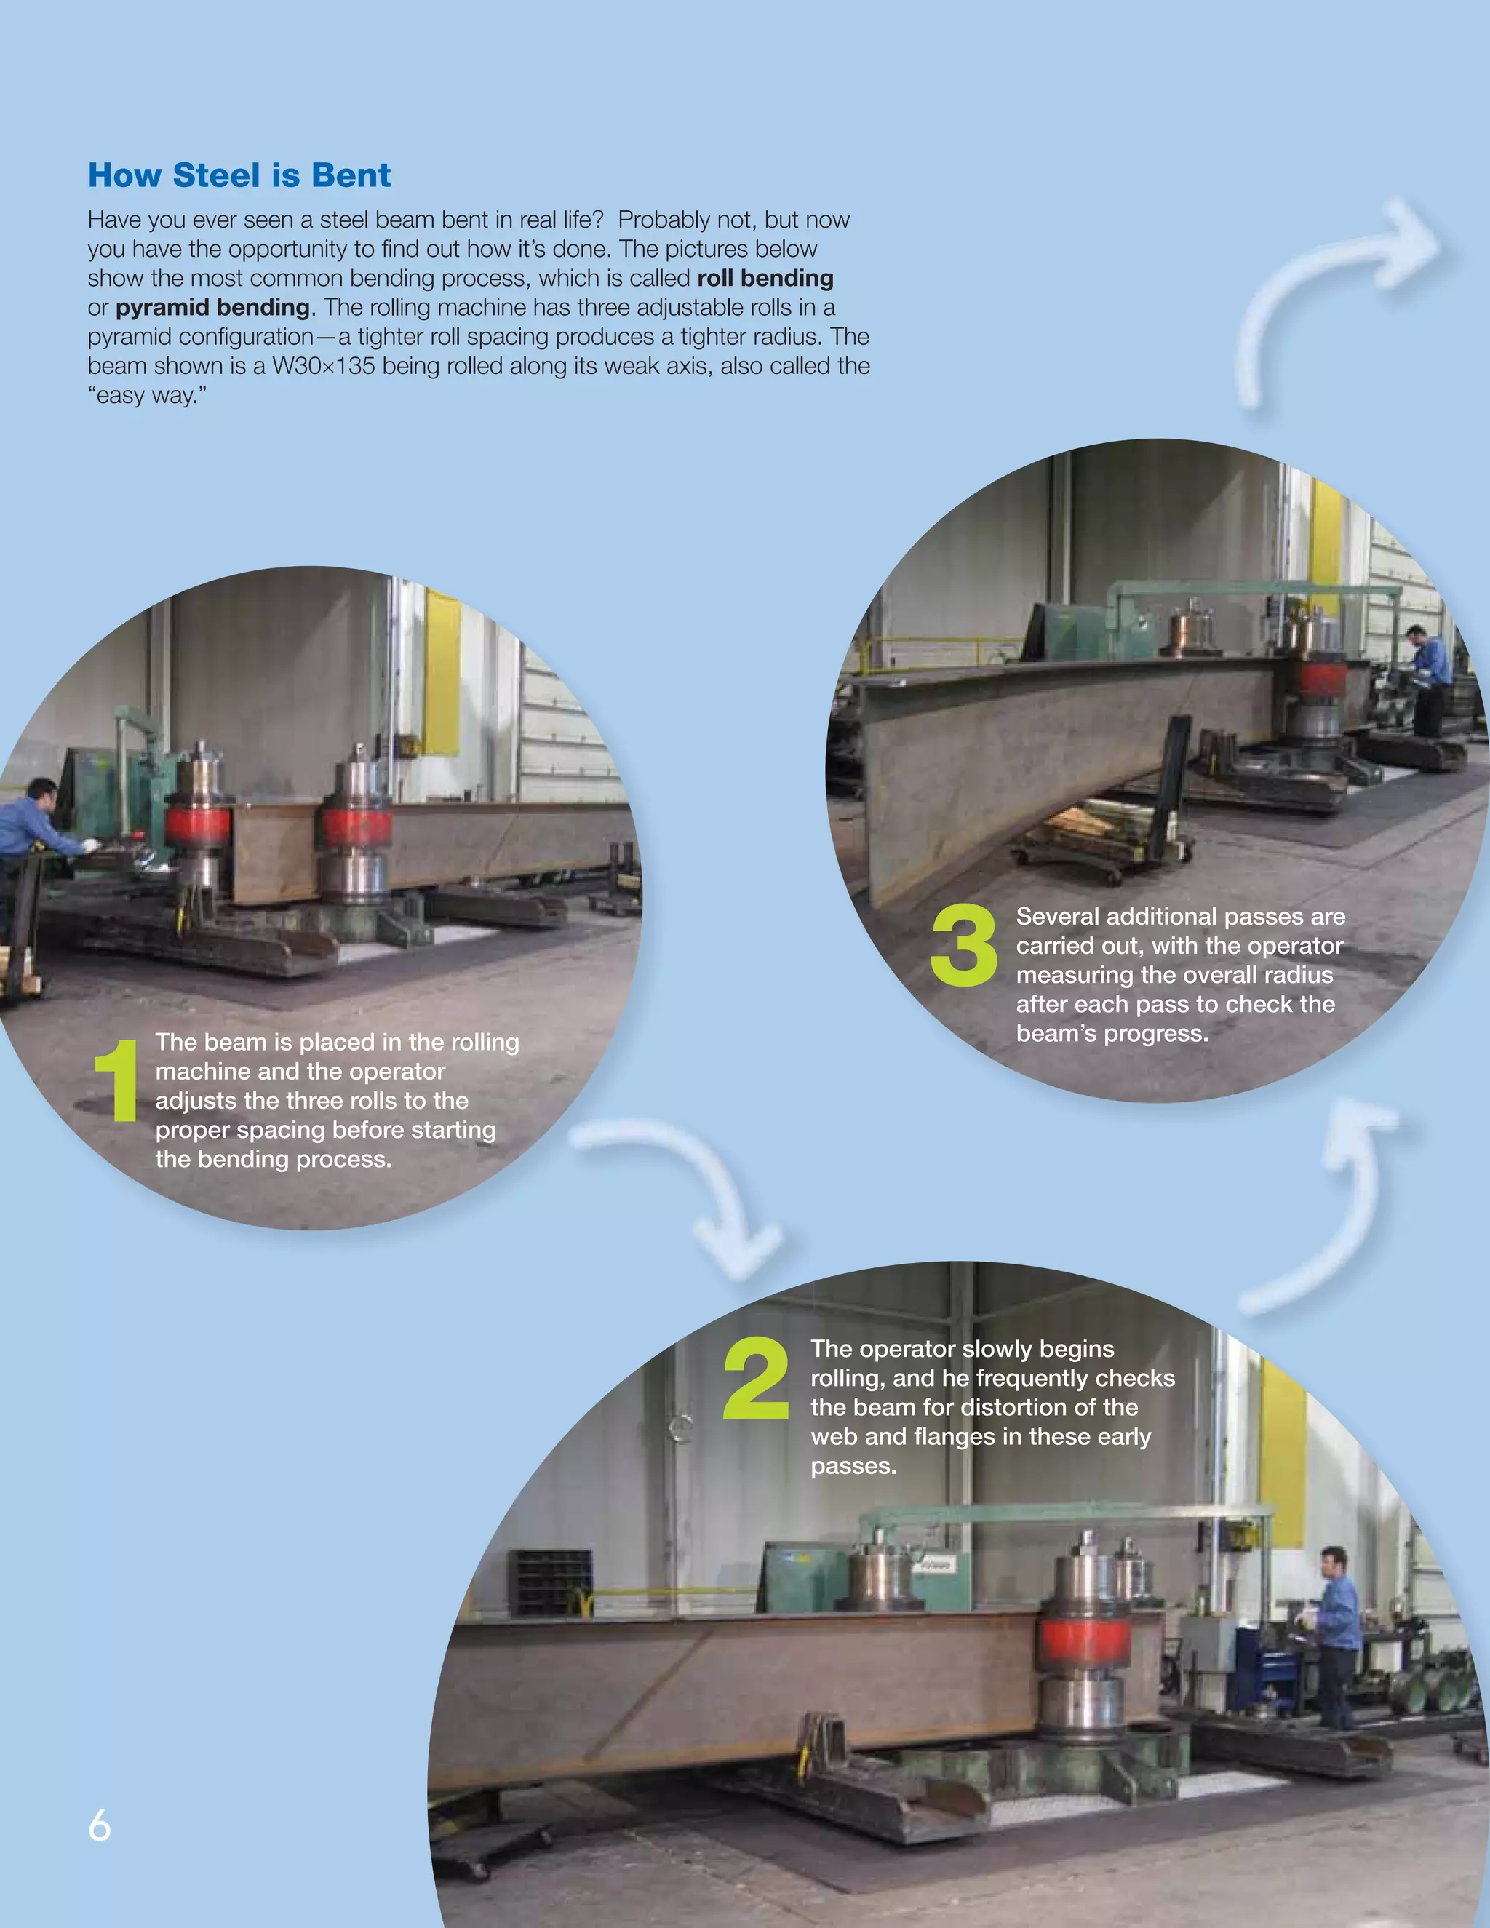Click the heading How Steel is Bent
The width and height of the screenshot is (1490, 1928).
coord(239,175)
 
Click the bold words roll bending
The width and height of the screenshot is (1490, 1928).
coord(765,278)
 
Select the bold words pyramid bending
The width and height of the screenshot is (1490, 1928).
coord(212,307)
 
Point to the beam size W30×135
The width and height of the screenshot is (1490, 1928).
coord(323,365)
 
